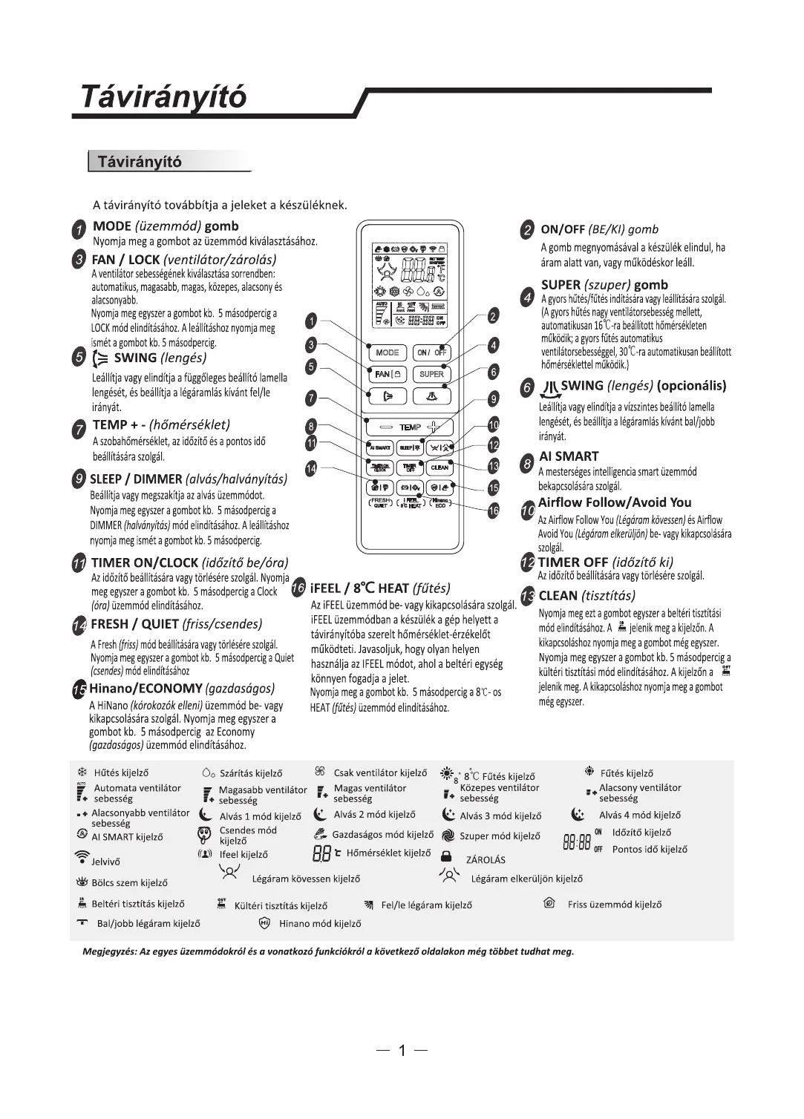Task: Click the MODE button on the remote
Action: (x=388, y=352)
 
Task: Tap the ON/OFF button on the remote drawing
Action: (x=431, y=352)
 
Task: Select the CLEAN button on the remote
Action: (x=439, y=467)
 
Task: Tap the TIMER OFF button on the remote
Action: (x=409, y=467)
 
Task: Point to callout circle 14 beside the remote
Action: (x=312, y=468)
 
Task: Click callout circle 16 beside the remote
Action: (x=493, y=510)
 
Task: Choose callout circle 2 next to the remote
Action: (x=493, y=317)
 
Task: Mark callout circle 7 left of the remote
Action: (x=312, y=398)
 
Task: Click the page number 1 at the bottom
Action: (x=402, y=1051)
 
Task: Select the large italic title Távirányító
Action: (x=163, y=97)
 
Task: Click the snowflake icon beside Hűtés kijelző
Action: (x=82, y=772)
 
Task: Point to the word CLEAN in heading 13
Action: (x=558, y=596)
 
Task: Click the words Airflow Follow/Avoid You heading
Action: (x=615, y=502)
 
